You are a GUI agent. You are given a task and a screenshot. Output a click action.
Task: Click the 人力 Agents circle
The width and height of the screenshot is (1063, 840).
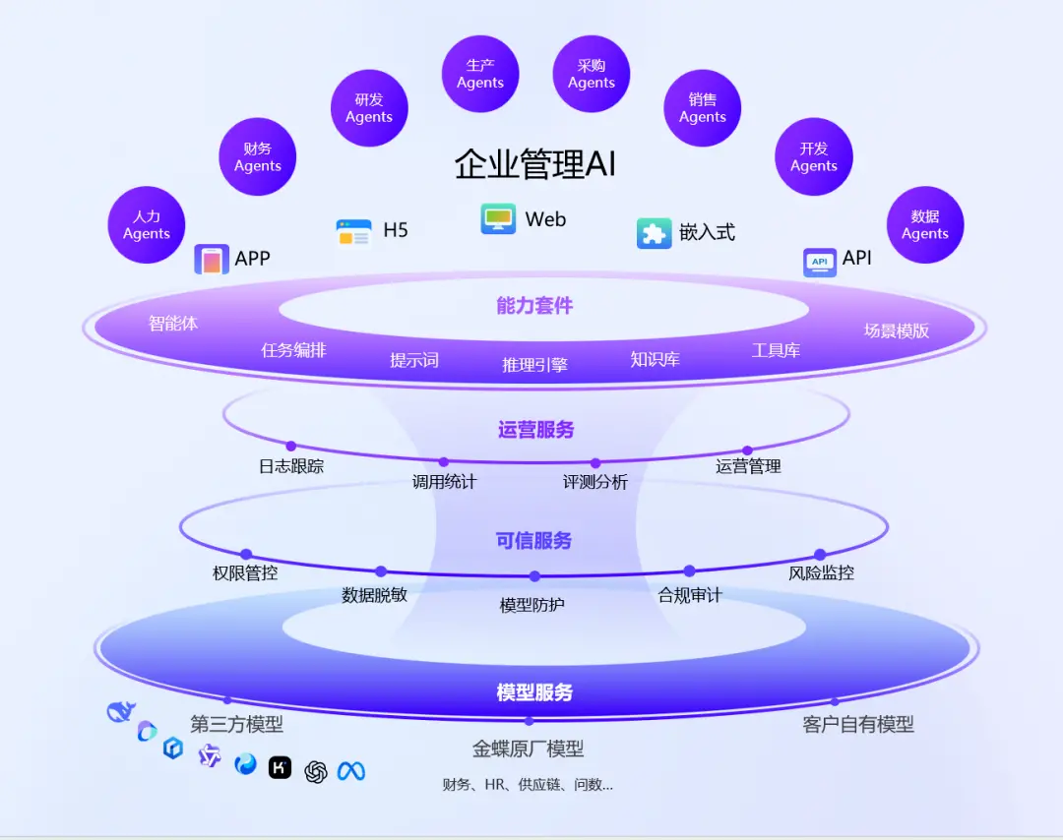147,225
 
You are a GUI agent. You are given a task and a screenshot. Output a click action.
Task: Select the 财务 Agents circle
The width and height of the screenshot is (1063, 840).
258,157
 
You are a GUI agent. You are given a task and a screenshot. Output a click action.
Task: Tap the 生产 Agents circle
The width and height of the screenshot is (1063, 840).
480,74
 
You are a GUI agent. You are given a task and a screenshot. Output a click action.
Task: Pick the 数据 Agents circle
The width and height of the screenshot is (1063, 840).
925,225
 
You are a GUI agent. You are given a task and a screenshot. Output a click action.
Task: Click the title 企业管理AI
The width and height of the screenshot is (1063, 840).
534,163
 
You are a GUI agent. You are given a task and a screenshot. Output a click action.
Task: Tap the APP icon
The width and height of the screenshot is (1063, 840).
212,260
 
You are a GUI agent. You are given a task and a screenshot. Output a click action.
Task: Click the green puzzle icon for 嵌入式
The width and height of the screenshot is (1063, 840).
654,233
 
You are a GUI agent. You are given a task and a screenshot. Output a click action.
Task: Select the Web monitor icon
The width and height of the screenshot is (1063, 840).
498,218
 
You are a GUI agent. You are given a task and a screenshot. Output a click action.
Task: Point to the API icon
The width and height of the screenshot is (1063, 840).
820,262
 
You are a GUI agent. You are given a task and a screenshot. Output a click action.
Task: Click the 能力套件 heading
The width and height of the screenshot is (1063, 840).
534,306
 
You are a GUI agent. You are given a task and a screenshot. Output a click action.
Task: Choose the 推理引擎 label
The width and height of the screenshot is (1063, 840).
534,365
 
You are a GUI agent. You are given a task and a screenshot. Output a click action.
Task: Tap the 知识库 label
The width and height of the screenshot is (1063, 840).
656,359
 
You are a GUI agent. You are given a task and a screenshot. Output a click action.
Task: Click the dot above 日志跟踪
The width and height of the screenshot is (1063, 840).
291,447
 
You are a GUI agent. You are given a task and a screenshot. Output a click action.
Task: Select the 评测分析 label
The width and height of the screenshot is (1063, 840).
595,482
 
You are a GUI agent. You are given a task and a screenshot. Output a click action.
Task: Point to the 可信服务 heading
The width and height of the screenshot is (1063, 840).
534,540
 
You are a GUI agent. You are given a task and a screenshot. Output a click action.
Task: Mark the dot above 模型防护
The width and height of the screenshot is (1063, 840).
534,576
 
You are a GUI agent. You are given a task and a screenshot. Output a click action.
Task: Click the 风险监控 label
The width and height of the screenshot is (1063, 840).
821,572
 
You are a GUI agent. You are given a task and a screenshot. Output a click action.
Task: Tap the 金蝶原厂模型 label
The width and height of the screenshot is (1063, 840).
529,750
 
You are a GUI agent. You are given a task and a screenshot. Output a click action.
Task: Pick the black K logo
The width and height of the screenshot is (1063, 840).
281,767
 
